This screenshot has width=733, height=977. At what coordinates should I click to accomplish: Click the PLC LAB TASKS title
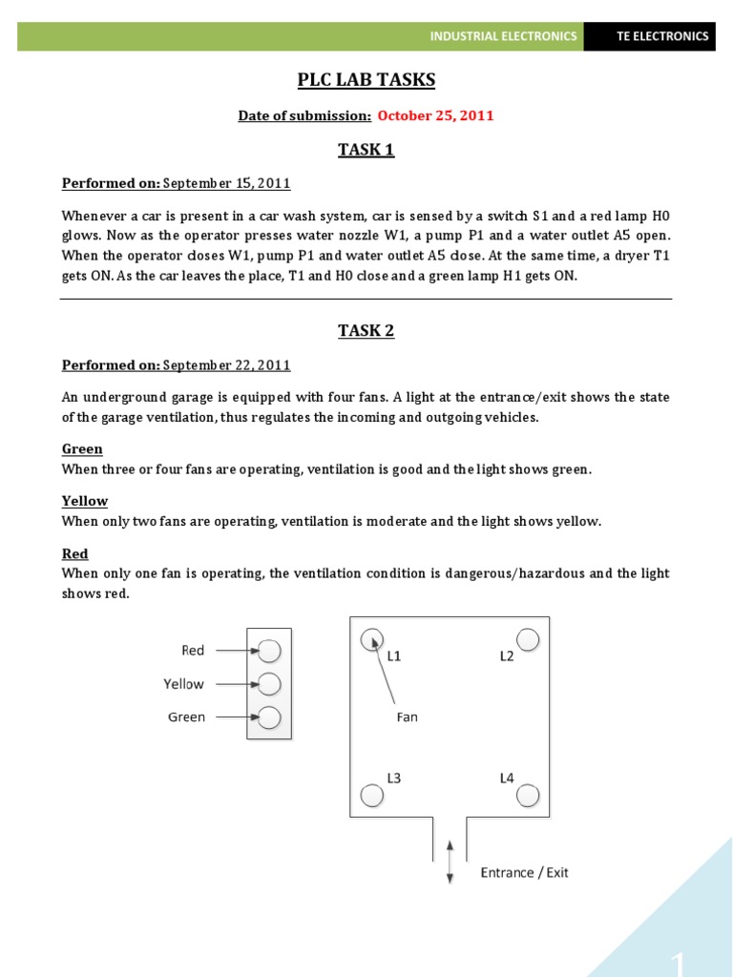point(366,80)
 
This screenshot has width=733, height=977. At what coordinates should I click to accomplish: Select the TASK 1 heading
point(366,149)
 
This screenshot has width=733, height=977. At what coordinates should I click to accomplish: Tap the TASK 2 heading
point(366,331)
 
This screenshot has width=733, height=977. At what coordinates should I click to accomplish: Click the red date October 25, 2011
point(435,115)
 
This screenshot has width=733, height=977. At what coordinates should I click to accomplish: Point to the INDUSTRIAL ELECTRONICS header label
point(503,36)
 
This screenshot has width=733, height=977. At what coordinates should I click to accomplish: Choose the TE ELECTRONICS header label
point(662,36)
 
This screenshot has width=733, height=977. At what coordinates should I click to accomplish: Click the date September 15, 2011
point(227,183)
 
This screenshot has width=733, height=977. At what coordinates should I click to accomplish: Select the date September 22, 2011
point(227,365)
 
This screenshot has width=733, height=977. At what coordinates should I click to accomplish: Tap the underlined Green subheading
point(82,449)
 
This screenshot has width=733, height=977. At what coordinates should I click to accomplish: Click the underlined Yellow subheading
point(85,502)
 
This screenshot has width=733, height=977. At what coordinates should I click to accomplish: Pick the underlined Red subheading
point(75,554)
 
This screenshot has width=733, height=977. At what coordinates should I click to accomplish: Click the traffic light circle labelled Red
point(270,651)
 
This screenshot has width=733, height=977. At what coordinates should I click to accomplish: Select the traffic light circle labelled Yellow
point(270,684)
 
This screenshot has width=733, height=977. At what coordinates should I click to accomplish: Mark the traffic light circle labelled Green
point(270,717)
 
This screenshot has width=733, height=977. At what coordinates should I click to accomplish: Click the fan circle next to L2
point(528,639)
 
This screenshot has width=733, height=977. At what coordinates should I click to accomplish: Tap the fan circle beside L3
point(371,794)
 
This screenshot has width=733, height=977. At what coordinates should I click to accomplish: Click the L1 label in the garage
point(394,656)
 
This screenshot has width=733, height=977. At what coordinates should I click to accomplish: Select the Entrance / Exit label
point(524,873)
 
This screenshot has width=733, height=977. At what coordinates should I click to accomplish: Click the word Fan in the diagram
point(408,717)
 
